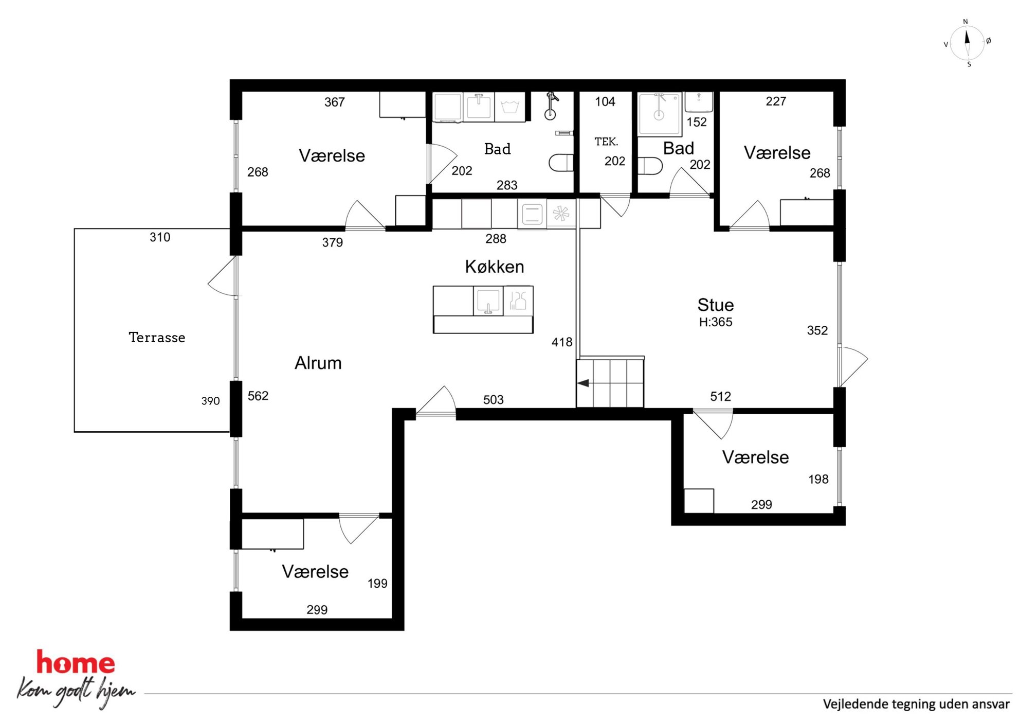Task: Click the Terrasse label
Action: click(x=157, y=338)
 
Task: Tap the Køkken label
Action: click(x=495, y=267)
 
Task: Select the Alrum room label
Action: click(x=318, y=363)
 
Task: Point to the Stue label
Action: click(x=716, y=305)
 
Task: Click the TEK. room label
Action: click(x=606, y=142)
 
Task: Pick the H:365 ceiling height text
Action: click(x=716, y=322)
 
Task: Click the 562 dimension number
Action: click(x=258, y=396)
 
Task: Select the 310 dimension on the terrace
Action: click(x=160, y=237)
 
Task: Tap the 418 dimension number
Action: click(x=562, y=342)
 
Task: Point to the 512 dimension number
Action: click(x=720, y=396)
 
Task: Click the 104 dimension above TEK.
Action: click(x=605, y=101)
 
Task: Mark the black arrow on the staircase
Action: click(x=583, y=383)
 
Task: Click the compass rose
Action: click(x=967, y=43)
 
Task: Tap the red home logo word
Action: click(x=76, y=662)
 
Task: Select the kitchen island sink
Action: click(x=488, y=301)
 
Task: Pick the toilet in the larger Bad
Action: click(x=561, y=163)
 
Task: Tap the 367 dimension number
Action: click(x=334, y=102)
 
